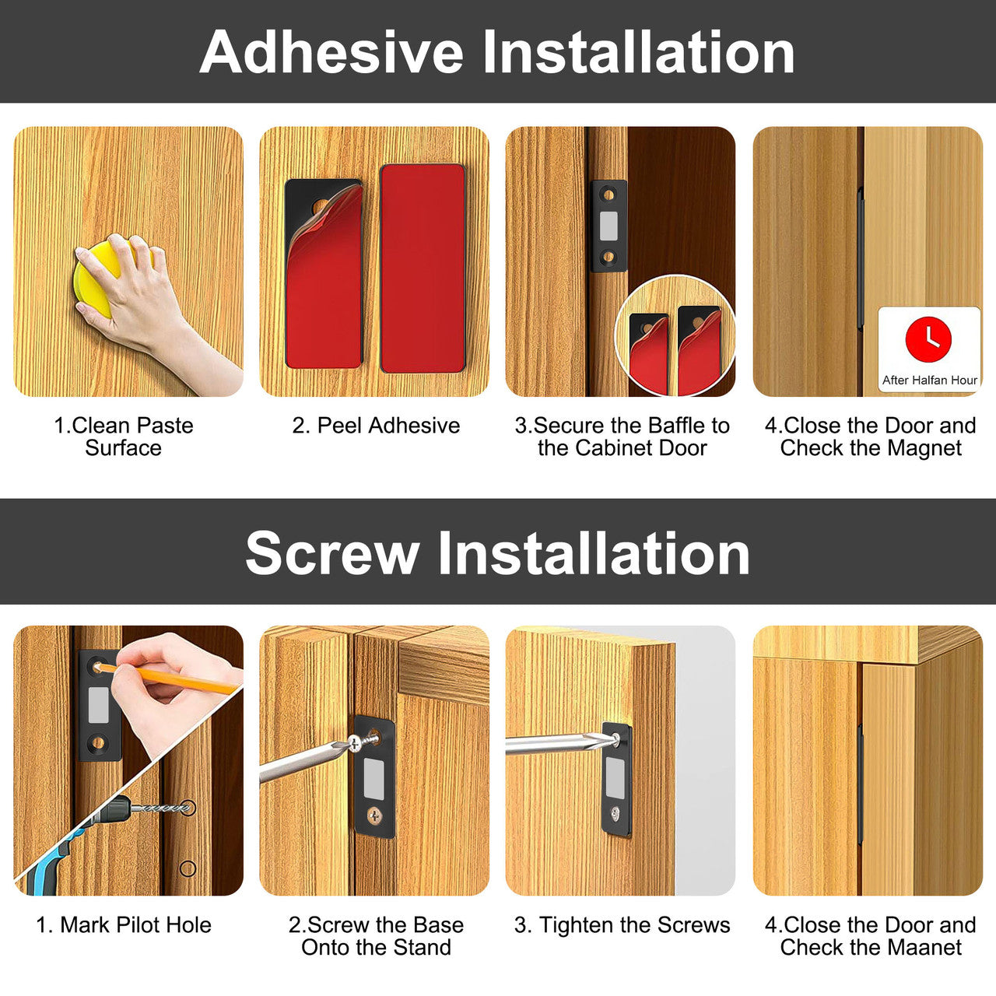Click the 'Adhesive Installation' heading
496,53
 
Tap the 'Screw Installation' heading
497,552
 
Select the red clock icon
928,338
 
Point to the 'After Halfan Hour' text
929,381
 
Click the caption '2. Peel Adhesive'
376,426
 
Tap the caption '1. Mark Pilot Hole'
124,924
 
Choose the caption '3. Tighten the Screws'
622,924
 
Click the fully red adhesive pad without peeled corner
423,268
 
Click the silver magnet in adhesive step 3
608,226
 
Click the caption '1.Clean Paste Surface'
124,437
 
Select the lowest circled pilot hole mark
188,868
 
